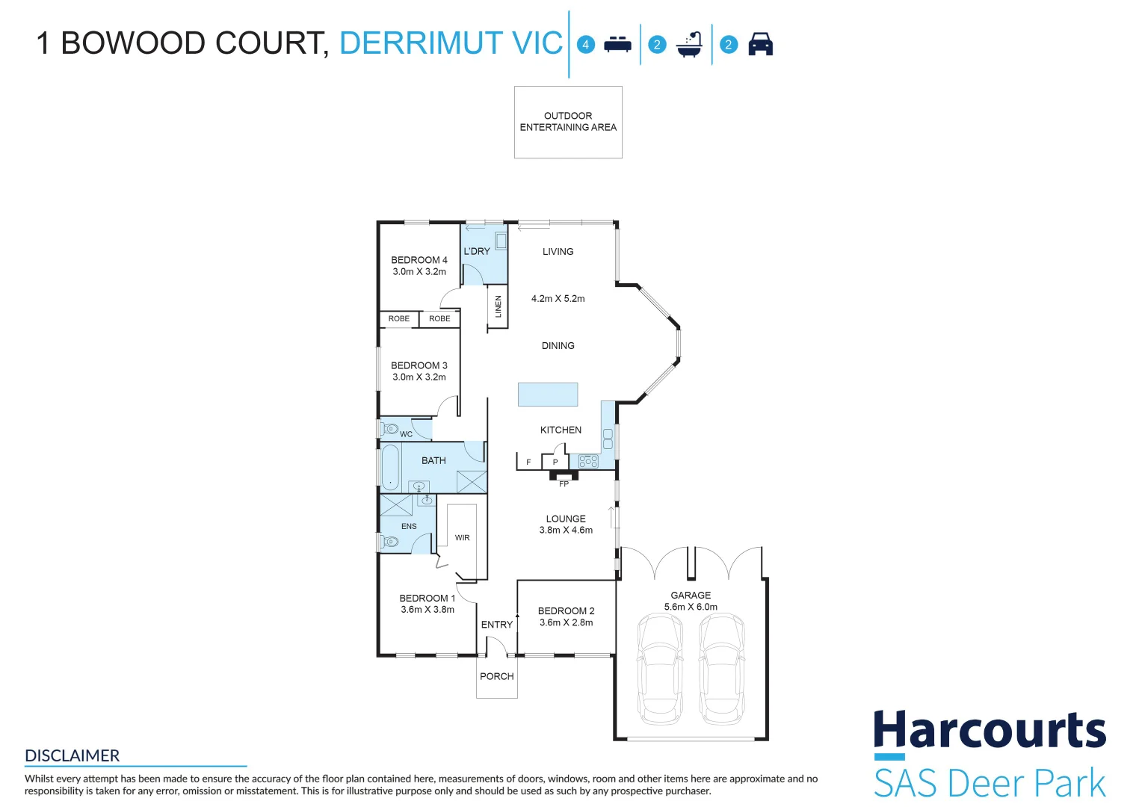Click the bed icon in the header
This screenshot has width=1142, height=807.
pyautogui.click(x=617, y=45)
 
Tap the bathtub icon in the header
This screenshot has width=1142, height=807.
pyautogui.click(x=689, y=45)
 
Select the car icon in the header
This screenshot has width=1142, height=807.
pyautogui.click(x=760, y=45)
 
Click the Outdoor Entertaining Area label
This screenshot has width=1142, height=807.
pyautogui.click(x=568, y=122)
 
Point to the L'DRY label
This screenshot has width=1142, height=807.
pyautogui.click(x=477, y=251)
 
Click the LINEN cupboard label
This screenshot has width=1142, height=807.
pyautogui.click(x=499, y=306)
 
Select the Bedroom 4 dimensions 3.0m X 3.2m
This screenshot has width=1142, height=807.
pyautogui.click(x=419, y=272)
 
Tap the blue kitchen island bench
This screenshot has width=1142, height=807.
pyautogui.click(x=548, y=394)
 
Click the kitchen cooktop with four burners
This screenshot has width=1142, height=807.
pyautogui.click(x=588, y=461)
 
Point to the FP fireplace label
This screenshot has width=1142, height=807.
pyautogui.click(x=564, y=484)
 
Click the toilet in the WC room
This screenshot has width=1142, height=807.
pyautogui.click(x=389, y=429)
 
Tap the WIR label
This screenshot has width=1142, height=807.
pyautogui.click(x=463, y=538)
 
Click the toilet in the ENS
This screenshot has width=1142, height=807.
pyautogui.click(x=389, y=541)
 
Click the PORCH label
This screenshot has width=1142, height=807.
pyautogui.click(x=497, y=676)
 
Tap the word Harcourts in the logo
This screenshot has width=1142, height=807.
pyautogui.click(x=990, y=730)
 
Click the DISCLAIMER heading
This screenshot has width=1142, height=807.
pyautogui.click(x=72, y=755)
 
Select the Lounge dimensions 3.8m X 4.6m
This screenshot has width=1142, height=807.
pyautogui.click(x=566, y=531)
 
